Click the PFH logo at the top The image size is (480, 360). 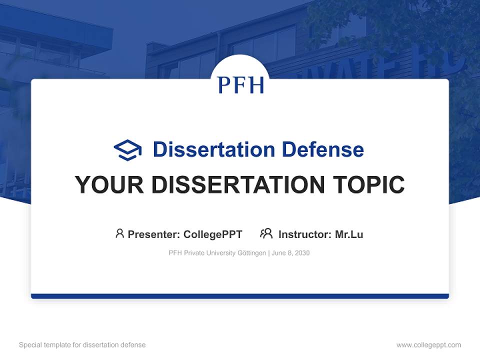point(240,84)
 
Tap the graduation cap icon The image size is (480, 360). point(127,150)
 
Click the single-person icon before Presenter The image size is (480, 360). point(119,233)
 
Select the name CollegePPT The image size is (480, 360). point(212,234)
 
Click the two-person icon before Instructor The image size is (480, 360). point(266,233)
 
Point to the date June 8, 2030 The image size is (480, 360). point(291,253)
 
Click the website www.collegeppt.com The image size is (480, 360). point(428,345)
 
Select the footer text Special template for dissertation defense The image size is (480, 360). point(82,345)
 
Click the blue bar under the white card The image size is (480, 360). point(240,296)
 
